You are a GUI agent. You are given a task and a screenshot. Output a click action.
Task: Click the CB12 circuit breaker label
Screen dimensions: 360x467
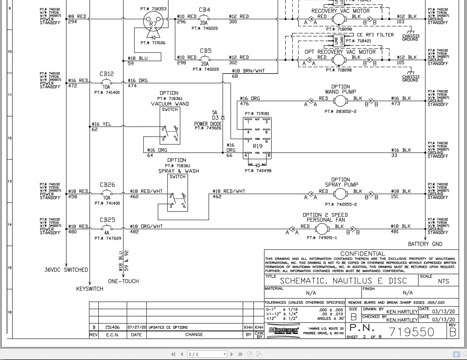point(107,74)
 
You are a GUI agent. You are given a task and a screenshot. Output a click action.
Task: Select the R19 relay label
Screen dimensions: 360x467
point(257,146)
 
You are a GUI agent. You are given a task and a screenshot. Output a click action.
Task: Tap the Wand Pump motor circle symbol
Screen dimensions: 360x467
point(340,101)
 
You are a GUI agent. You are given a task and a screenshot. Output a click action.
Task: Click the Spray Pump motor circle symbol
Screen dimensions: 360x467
point(340,194)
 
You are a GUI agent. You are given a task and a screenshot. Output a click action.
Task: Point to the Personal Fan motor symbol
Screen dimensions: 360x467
point(321,229)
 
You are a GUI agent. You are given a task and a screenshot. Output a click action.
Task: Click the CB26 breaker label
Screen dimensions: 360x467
point(107,185)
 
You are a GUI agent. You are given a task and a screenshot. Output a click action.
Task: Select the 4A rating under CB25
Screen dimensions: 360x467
point(107,233)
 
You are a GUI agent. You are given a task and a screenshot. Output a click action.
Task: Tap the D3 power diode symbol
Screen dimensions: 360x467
point(223,118)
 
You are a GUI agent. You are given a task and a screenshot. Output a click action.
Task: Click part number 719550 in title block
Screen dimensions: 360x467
point(412,332)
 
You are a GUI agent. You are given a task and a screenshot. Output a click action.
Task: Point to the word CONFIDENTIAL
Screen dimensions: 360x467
point(363,254)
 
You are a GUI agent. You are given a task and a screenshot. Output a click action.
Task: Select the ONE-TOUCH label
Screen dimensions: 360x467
point(123,281)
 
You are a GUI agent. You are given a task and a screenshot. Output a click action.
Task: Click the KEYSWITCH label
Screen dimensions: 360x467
point(90,289)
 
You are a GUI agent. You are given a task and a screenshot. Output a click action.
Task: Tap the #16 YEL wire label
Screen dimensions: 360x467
point(101,124)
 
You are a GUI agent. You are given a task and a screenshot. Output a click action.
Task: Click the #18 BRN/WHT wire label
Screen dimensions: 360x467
point(248,71)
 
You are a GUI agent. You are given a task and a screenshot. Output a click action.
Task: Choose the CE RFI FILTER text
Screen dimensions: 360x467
point(375,35)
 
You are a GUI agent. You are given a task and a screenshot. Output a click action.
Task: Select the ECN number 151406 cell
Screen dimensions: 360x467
point(112,327)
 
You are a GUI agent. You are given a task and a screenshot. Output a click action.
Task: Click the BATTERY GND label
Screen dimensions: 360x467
point(425,244)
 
